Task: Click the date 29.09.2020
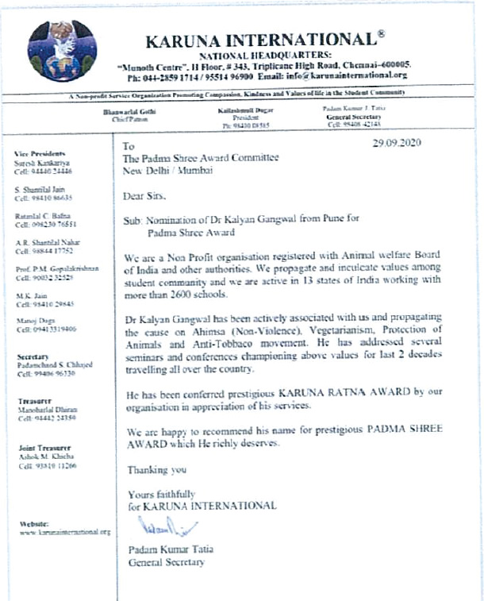coord(397,143)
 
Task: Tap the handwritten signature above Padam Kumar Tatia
coord(160,526)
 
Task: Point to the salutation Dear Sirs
coord(148,195)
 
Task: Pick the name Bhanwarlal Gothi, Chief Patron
coord(130,113)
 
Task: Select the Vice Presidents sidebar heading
coord(40,152)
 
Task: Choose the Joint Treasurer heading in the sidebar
coord(40,449)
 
